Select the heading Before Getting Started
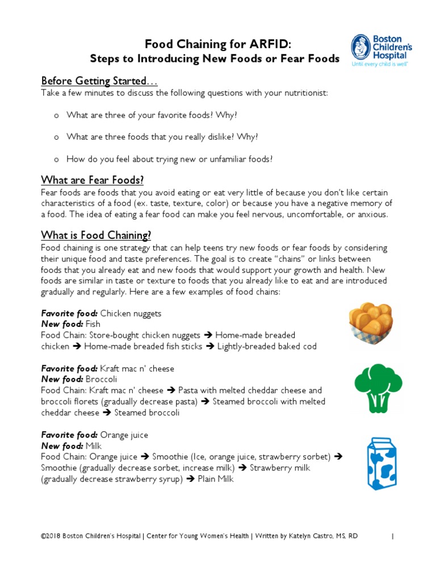(x=94, y=81)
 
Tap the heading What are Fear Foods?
(x=92, y=180)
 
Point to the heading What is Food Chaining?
(x=96, y=235)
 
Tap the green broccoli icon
(x=372, y=388)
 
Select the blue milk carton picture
(x=375, y=463)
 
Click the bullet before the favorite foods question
(x=56, y=115)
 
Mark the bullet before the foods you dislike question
(x=56, y=137)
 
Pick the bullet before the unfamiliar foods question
(x=56, y=159)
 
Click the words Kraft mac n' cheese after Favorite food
(x=137, y=369)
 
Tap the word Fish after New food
(x=93, y=325)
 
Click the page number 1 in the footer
(x=393, y=537)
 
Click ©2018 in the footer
(x=51, y=537)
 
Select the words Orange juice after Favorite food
(x=124, y=435)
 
